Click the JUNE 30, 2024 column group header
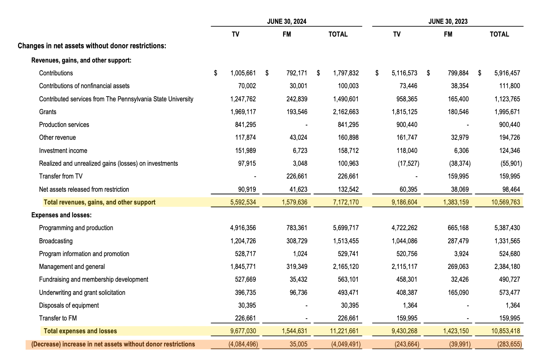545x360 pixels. click(286, 22)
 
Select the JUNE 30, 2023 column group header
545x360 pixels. click(448, 22)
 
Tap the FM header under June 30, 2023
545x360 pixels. click(448, 34)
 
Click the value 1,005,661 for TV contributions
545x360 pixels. click(243, 73)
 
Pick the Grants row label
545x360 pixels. click(48, 112)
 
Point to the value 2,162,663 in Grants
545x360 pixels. click(346, 112)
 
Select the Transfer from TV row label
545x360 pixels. click(61, 176)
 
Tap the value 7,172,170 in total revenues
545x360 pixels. click(346, 202)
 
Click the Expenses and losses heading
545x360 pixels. click(61, 215)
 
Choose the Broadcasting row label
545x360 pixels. click(56, 241)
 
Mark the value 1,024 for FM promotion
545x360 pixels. click(300, 254)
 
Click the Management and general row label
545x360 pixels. click(72, 267)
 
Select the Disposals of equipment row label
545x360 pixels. click(69, 305)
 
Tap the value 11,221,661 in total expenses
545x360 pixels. click(344, 331)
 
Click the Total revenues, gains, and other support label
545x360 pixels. click(99, 202)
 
